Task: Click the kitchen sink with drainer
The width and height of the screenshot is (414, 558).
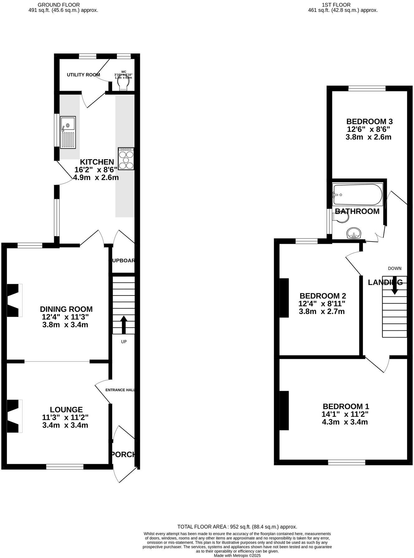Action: (x=68, y=132)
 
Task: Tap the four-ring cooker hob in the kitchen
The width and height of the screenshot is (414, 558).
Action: (x=126, y=159)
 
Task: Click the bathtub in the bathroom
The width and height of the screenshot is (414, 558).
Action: (x=357, y=195)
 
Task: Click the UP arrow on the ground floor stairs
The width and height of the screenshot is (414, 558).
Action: (x=124, y=325)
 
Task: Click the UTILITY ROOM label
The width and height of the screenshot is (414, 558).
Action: (x=84, y=75)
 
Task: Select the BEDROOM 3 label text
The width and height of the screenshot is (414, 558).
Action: (x=369, y=122)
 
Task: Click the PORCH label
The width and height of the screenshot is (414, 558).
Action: (x=124, y=455)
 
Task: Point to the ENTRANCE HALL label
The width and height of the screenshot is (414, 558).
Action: (x=120, y=390)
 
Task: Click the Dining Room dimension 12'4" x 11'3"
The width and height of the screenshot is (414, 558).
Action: (x=66, y=317)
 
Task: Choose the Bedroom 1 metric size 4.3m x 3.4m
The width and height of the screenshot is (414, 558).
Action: (x=345, y=422)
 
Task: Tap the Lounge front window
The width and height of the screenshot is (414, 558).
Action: (x=65, y=467)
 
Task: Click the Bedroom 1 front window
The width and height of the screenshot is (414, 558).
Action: (x=346, y=462)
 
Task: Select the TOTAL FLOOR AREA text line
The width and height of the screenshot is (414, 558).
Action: (x=237, y=527)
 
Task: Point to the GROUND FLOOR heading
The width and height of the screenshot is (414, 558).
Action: (x=59, y=5)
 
